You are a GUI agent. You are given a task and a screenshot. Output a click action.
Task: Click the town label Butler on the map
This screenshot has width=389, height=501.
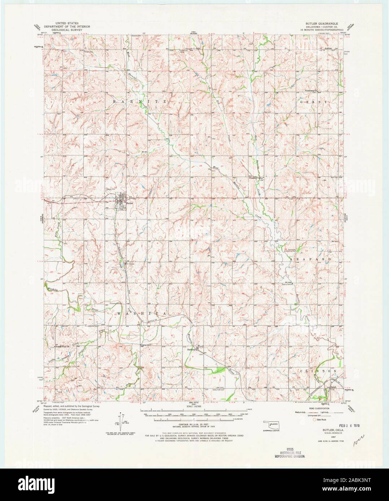130,203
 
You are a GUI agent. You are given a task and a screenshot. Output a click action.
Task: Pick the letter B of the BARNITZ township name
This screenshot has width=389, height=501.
115,102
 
